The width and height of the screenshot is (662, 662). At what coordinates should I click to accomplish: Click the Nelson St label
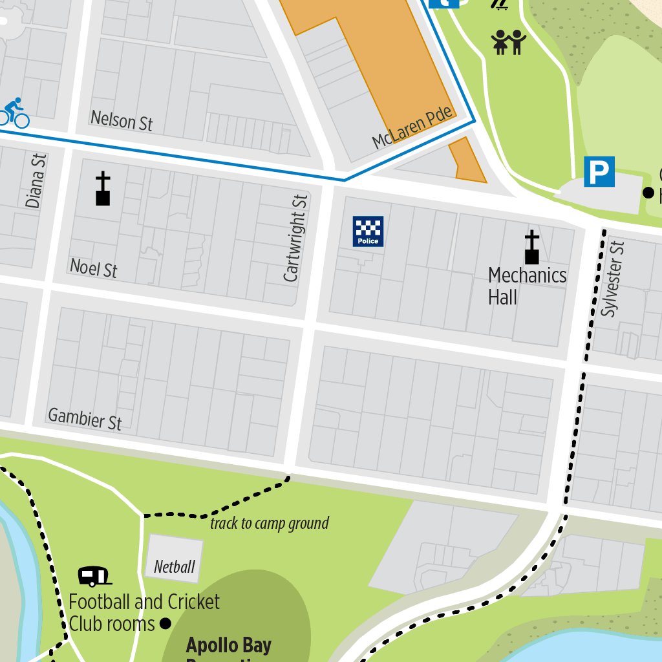pos(122,120)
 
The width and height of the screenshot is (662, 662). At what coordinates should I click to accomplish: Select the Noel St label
pos(94,268)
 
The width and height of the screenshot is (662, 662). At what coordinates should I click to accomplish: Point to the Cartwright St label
pos(295,239)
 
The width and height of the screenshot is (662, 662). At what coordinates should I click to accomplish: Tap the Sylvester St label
pos(612,279)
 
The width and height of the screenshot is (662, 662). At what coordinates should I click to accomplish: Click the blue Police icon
pos(368,231)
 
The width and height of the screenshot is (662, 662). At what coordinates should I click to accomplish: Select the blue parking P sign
pos(599,172)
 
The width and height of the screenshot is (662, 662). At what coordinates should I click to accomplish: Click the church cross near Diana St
pos(103,189)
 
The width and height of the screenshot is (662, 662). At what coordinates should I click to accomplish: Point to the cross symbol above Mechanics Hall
pos(531,248)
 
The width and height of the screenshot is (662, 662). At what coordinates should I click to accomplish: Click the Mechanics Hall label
pos(526,286)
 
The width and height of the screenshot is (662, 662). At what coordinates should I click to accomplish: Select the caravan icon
pos(94,575)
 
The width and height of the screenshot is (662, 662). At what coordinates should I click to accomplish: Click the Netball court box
pos(174,559)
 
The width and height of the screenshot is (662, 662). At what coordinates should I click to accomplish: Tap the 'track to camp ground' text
pos(269,523)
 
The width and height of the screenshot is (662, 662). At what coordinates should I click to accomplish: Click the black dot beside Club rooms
pos(165,624)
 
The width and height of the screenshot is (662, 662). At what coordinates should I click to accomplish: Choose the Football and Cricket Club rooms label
pos(144,613)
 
